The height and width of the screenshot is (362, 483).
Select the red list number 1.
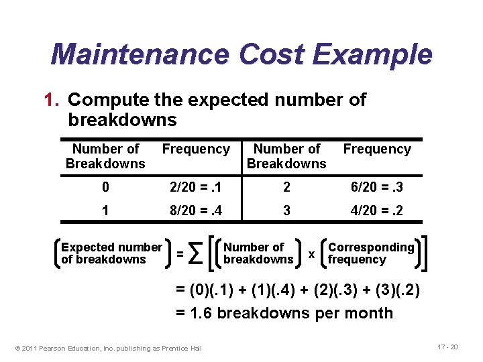(53, 100)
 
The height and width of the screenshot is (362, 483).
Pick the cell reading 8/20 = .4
(196, 210)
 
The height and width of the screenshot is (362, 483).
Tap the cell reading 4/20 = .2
(377, 210)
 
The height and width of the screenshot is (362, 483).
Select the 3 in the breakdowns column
(286, 210)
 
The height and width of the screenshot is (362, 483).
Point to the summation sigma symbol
(196, 253)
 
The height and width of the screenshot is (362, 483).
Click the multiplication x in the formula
(311, 254)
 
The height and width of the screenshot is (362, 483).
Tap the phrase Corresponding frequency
(371, 253)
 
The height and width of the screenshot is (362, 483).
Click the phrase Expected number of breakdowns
(111, 253)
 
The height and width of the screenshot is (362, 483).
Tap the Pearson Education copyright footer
(108, 347)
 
